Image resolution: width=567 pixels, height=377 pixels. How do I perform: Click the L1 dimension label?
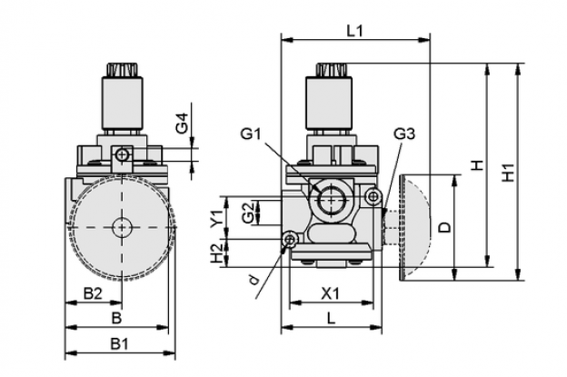[354, 31]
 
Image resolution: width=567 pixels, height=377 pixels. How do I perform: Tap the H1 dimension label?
[509, 173]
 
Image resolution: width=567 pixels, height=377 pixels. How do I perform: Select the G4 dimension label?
[183, 124]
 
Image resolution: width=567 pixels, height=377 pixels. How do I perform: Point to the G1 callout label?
[251, 134]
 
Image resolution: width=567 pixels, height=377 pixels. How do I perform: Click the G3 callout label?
[404, 134]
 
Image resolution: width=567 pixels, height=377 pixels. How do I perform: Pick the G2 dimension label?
[248, 213]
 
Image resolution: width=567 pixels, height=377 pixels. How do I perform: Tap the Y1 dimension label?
[217, 218]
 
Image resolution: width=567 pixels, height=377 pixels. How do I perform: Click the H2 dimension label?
[217, 253]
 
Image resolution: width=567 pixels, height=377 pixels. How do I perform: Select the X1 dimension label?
[331, 293]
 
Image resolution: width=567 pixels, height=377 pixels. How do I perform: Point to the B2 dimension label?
[93, 293]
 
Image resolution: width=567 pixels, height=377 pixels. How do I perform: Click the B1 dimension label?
[119, 343]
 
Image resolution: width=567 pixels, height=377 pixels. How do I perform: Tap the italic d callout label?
[254, 279]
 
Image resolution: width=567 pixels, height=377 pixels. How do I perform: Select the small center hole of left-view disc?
[122, 227]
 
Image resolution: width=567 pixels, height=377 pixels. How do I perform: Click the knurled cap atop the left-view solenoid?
[122, 70]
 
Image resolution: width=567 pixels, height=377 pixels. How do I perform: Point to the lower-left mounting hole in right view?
[290, 239]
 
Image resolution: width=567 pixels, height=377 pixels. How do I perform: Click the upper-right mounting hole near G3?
[373, 196]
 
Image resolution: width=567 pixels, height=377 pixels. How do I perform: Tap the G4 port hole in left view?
[123, 155]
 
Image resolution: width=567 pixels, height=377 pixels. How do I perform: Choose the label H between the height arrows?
[478, 165]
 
